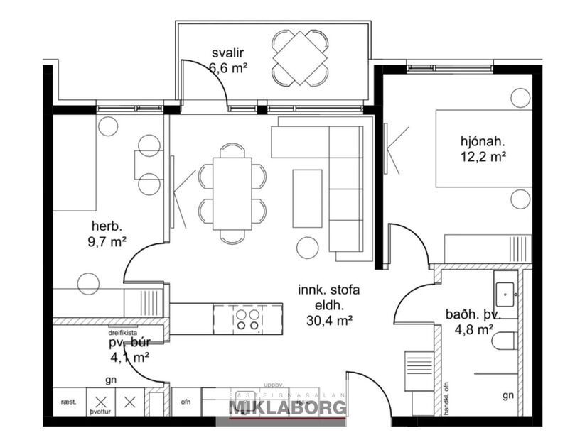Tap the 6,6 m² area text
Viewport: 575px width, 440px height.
tap(228, 69)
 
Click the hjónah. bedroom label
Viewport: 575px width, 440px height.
tap(482, 141)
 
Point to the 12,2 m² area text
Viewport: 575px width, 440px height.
tap(483, 155)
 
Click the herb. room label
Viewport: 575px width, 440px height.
tap(107, 226)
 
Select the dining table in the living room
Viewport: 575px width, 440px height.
tap(232, 193)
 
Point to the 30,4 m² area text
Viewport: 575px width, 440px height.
tap(330, 321)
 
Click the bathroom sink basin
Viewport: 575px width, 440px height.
tap(509, 290)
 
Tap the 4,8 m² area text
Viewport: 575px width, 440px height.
tap(475, 329)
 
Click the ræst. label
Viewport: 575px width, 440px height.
tap(69, 402)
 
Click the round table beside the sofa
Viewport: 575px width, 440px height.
tap(307, 247)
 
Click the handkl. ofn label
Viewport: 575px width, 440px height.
tap(448, 397)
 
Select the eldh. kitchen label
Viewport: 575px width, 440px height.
tap(329, 306)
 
